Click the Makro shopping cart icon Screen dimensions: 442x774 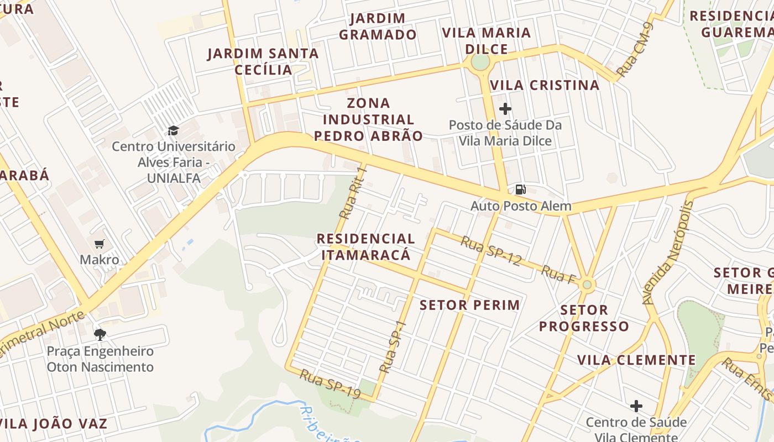coord(100,244)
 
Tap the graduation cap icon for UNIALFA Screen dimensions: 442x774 coord(173,130)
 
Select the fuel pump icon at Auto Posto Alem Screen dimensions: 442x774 coord(520,190)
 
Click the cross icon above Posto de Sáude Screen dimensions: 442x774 coord(505,109)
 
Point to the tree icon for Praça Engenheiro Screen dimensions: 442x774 coord(100,334)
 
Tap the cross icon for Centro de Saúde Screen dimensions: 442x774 coord(636,406)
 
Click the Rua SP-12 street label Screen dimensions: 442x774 coord(491,251)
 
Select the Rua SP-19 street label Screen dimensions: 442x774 coord(330,384)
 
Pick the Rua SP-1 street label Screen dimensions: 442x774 coord(393,346)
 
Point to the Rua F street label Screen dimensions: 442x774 coord(558,275)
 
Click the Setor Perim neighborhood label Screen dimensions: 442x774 coord(470,305)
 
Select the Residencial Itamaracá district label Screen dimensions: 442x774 coord(365,247)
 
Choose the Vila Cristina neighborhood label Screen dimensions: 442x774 coord(545,85)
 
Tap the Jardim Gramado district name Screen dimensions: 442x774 coord(378,27)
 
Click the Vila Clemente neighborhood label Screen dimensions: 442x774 coord(636,360)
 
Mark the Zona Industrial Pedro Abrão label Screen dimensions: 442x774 coord(368,119)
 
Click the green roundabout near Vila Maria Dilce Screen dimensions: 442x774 coord(480,63)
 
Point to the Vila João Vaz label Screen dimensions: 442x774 coord(54,424)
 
